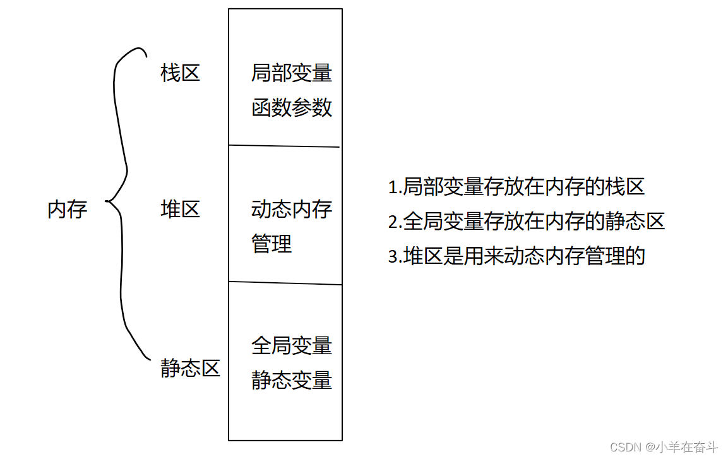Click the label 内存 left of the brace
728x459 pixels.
67,209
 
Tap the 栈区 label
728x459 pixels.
180,73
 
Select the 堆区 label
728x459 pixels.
180,209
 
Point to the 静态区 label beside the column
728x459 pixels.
190,368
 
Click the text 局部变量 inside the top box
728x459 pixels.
291,73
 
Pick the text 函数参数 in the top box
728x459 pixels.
291,107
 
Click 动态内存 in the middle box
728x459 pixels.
291,210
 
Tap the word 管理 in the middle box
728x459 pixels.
272,244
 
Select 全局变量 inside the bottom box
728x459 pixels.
291,346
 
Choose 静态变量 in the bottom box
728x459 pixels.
291,380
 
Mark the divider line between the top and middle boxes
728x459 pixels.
284,146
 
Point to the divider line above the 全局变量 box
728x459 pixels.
284,283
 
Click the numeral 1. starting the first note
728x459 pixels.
395,188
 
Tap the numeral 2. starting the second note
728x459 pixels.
395,222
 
